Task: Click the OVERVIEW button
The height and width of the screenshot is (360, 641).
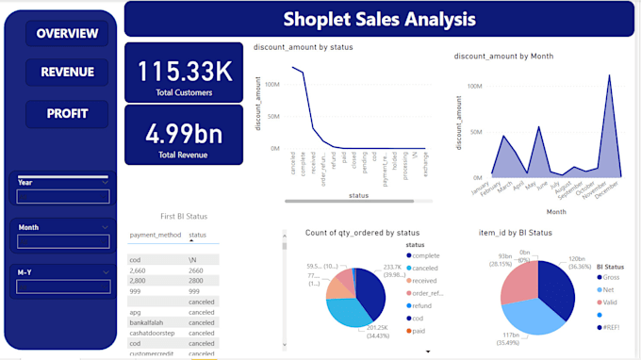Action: tap(67, 34)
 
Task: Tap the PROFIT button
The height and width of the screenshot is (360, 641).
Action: tap(67, 113)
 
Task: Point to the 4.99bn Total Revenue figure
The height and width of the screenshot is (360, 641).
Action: tap(184, 133)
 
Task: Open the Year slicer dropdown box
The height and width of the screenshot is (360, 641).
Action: tap(63, 197)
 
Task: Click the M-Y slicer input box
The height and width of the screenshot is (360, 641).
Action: tap(63, 286)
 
